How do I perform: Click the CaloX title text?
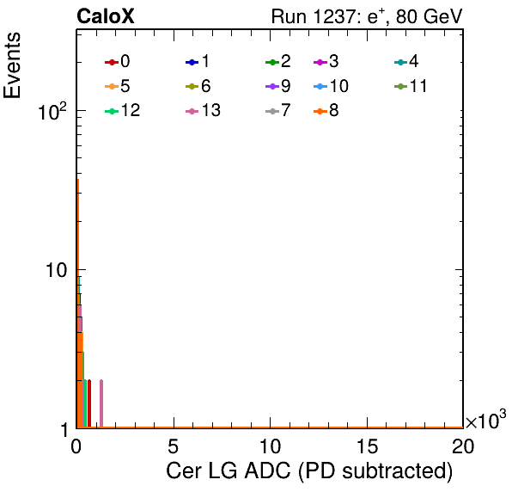pos(106,16)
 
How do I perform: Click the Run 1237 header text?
pos(367,16)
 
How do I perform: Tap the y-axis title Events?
pos(12,65)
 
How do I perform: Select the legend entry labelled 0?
pos(117,61)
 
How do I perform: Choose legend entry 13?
pos(203,110)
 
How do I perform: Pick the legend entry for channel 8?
pos(326,110)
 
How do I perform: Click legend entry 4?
pos(406,61)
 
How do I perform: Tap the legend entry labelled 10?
pos(331,86)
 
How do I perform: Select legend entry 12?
pos(123,110)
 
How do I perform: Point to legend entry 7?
pos(277,110)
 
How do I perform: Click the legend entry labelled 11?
pos(411,86)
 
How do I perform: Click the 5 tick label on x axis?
pos(173,446)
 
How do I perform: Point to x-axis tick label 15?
pos(367,446)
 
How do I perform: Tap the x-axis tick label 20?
pos(463,446)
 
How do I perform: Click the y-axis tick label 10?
pos(56,270)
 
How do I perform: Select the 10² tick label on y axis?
pos(52,111)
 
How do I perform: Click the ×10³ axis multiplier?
pos(486,420)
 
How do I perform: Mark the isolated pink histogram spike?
pos(101,403)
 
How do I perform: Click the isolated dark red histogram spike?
pos(89,403)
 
